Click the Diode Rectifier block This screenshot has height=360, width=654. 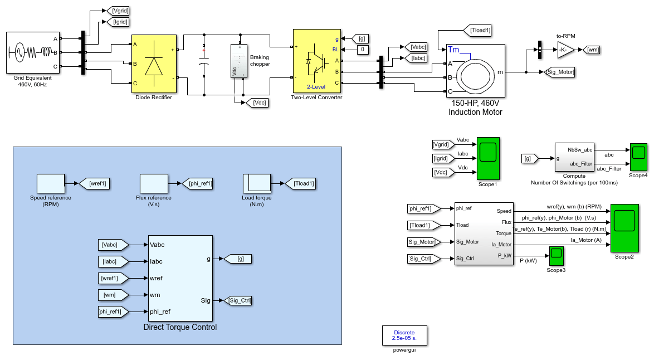[154, 64]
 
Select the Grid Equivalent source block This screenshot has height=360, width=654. [33, 52]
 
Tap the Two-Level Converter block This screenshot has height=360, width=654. [316, 61]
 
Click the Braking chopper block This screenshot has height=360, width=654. [239, 61]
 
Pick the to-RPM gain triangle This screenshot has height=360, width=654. [565, 50]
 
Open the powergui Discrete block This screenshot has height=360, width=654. [404, 335]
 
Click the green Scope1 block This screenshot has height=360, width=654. [488, 158]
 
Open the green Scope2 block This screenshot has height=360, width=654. [624, 228]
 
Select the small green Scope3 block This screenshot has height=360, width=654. [557, 256]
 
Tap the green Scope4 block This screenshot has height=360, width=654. [638, 157]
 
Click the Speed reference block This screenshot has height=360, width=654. [51, 183]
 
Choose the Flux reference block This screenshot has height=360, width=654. [154, 183]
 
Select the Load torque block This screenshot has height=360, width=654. [257, 183]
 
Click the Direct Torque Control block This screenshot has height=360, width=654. [180, 278]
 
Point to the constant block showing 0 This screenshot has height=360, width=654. [363, 50]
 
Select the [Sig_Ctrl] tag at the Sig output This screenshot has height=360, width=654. [238, 300]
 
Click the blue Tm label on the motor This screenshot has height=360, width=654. [453, 50]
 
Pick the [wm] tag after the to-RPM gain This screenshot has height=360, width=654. [591, 50]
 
